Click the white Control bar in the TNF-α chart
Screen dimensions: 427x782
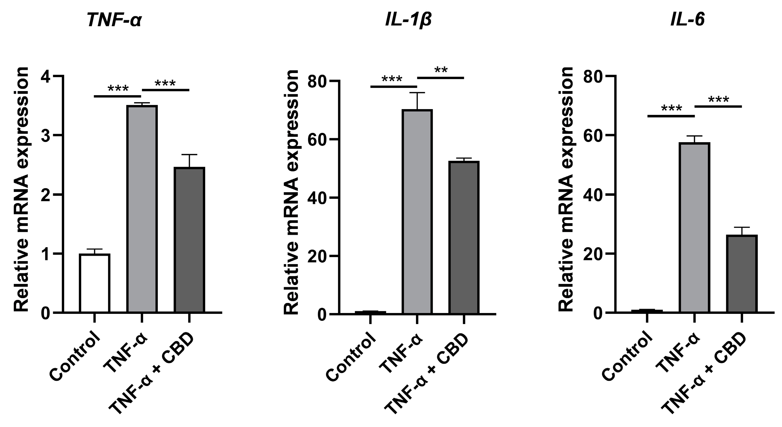[95, 283]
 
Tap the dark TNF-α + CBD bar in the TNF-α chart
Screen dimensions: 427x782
[189, 240]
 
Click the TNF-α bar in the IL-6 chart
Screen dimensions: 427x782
[694, 227]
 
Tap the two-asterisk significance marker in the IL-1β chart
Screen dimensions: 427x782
[441, 70]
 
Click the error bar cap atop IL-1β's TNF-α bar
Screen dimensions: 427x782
[417, 92]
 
